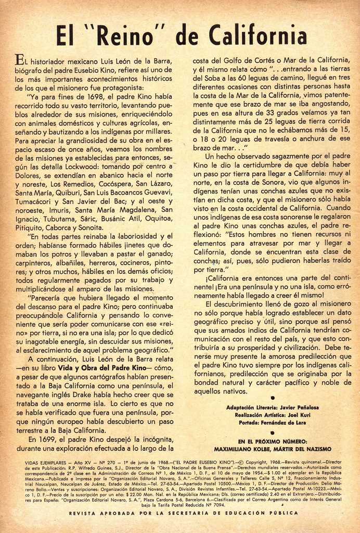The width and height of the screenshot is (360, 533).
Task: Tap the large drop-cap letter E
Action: (x=19, y=60)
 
